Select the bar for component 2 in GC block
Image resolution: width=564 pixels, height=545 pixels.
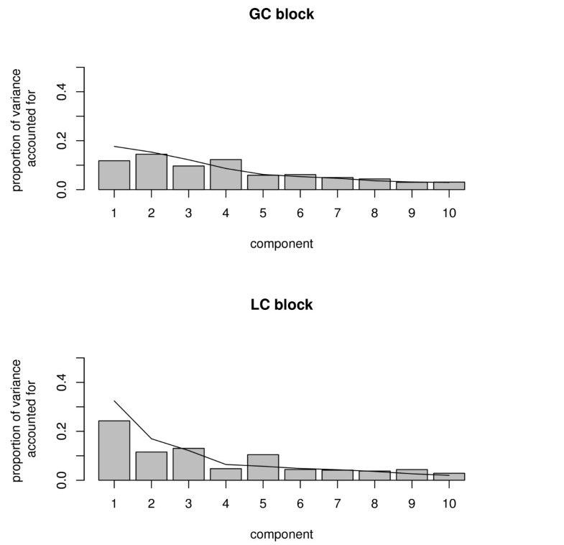tap(152, 172)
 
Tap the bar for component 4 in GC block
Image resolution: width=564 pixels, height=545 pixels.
tap(226, 175)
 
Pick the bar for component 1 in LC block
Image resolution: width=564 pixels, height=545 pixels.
tap(114, 450)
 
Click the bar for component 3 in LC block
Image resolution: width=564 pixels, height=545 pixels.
tap(188, 464)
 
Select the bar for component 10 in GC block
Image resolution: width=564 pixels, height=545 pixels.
tap(449, 186)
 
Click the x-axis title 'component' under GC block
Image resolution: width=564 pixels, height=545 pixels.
tap(282, 244)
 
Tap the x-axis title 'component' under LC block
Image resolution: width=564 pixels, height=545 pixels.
tap(282, 534)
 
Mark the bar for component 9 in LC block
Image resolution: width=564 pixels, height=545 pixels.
tap(412, 475)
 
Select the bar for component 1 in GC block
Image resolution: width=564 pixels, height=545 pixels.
tap(114, 175)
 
